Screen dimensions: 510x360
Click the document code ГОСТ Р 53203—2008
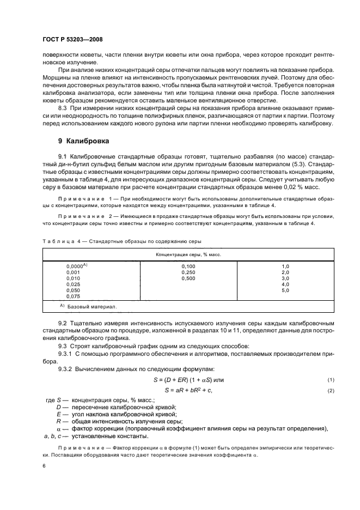click(73, 40)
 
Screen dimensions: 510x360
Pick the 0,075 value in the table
click(73, 296)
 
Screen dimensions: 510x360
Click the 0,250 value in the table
click(188, 272)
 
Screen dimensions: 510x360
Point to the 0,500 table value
click(188, 278)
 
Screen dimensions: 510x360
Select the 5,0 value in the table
click(284, 290)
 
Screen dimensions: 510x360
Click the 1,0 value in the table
click(284, 265)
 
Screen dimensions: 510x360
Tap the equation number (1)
click(330, 380)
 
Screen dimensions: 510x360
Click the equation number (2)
click(330, 391)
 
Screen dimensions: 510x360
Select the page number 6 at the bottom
click(44, 466)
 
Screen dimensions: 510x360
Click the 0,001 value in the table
click(73, 272)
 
